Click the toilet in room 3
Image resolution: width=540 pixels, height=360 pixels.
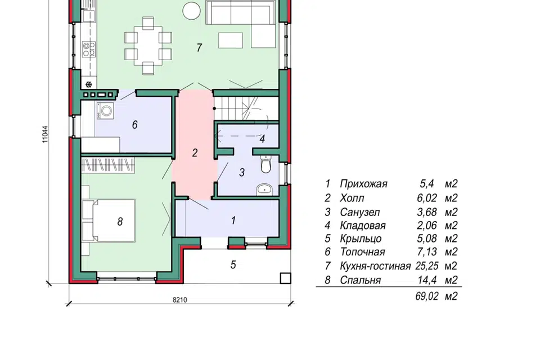(x=266, y=164)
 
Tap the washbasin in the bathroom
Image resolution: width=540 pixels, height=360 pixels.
(x=264, y=189)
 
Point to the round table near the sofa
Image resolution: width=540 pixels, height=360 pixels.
(x=191, y=10)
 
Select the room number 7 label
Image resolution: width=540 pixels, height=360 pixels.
(x=199, y=48)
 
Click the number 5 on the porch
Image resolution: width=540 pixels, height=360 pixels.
(x=233, y=264)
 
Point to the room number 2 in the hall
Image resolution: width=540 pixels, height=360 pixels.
(x=195, y=152)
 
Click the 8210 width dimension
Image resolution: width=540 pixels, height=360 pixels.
(x=180, y=300)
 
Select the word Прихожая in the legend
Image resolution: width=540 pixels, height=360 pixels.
(x=363, y=183)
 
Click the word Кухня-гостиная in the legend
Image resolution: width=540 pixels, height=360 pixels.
(x=375, y=266)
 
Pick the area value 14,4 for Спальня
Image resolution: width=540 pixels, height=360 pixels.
(x=427, y=280)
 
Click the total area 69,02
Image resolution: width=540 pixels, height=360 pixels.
(x=427, y=296)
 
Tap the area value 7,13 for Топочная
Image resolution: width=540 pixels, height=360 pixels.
(x=427, y=252)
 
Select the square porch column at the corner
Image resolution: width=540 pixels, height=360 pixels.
(x=286, y=278)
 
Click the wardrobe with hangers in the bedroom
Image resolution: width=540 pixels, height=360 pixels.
(x=108, y=165)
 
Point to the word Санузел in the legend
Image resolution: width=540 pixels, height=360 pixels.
(x=360, y=211)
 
